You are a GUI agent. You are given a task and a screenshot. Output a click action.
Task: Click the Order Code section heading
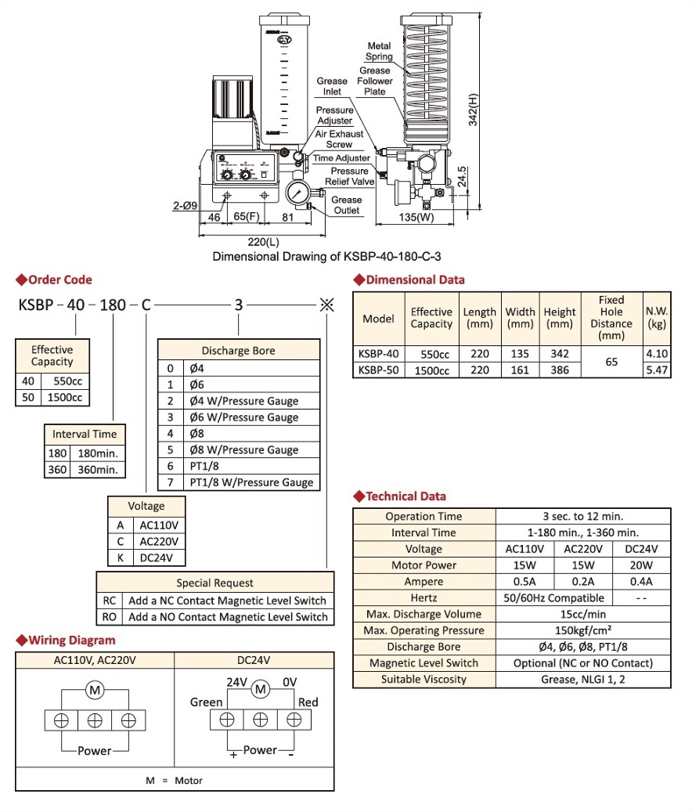coord(59,280)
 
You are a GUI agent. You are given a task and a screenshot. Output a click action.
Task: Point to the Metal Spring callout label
coord(380,52)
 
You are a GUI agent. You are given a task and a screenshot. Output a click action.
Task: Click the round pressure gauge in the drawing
coord(298,193)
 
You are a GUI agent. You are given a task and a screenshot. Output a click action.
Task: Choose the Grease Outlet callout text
coord(346,205)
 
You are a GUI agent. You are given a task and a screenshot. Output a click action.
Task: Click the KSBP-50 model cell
coord(378,370)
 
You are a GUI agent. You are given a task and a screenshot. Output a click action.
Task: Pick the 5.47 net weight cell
coord(657,370)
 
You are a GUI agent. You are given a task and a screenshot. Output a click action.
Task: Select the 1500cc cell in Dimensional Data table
coord(431,370)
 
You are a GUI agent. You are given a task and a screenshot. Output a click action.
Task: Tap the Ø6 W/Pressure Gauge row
coord(243,417)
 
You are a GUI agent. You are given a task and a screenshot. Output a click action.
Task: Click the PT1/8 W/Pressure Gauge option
coord(250,482)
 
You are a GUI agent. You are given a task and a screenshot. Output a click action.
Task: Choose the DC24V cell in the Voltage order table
coord(162,558)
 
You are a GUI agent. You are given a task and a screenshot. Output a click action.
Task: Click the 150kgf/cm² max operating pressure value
coord(583,630)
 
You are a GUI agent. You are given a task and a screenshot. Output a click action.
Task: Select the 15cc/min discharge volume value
coord(583,614)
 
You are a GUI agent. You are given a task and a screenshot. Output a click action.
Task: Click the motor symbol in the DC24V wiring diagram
coord(261,689)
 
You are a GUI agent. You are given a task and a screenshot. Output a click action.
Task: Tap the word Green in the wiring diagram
coord(207,702)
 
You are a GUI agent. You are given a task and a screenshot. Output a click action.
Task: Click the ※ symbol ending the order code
coord(326,305)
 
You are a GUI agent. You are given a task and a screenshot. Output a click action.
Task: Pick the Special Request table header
coord(214,583)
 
